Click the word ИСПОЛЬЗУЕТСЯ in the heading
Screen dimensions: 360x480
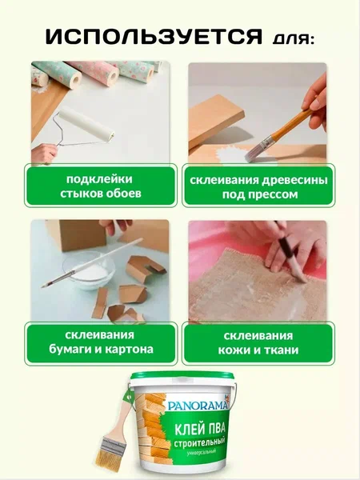point(154,37)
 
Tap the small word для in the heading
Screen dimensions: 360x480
point(293,39)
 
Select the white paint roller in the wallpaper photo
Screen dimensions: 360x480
point(86,126)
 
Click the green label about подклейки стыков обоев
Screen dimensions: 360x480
point(101,186)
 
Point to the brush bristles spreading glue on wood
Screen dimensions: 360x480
point(253,154)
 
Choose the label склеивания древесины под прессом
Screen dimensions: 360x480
point(258,186)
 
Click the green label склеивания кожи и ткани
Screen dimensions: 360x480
point(258,343)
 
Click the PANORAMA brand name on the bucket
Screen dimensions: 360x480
point(198,406)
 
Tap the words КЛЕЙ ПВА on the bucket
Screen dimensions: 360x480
point(199,429)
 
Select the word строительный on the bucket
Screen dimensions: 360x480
point(199,442)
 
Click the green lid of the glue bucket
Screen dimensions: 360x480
point(182,376)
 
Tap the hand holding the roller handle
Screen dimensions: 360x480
point(44,153)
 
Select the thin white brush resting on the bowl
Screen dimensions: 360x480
point(92,262)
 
